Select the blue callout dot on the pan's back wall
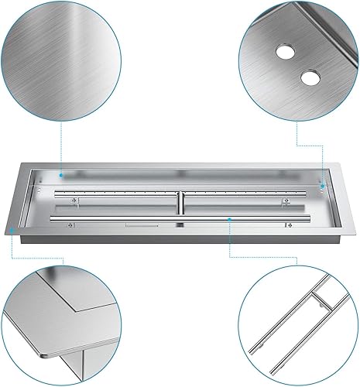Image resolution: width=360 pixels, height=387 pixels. (60, 176)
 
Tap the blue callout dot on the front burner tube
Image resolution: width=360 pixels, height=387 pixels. (230, 219)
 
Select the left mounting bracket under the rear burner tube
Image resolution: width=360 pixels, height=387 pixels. (73, 203)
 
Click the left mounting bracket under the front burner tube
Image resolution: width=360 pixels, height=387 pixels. (70, 226)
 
